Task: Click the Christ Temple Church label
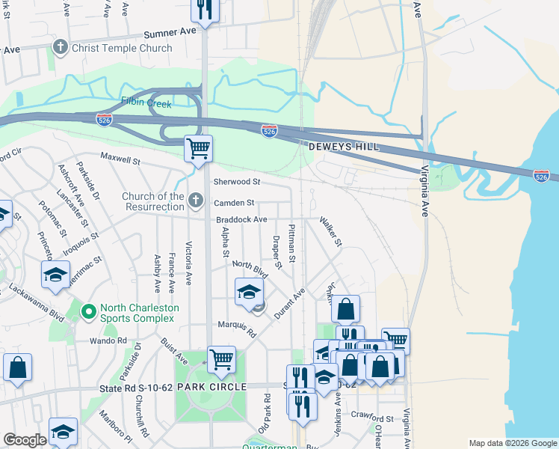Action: pyautogui.click(x=122, y=48)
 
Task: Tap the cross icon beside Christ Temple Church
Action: pyautogui.click(x=61, y=48)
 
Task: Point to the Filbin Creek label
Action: pyautogui.click(x=146, y=103)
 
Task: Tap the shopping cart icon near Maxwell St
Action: pyautogui.click(x=199, y=149)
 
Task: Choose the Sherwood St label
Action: pyautogui.click(x=236, y=182)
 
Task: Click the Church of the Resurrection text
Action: pyautogui.click(x=153, y=201)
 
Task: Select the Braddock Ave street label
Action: pyautogui.click(x=241, y=220)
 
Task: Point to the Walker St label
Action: pyautogui.click(x=330, y=232)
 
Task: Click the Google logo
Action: pyautogui.click(x=25, y=440)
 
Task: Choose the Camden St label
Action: pyautogui.click(x=234, y=203)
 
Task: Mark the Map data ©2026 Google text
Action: pyautogui.click(x=512, y=442)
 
